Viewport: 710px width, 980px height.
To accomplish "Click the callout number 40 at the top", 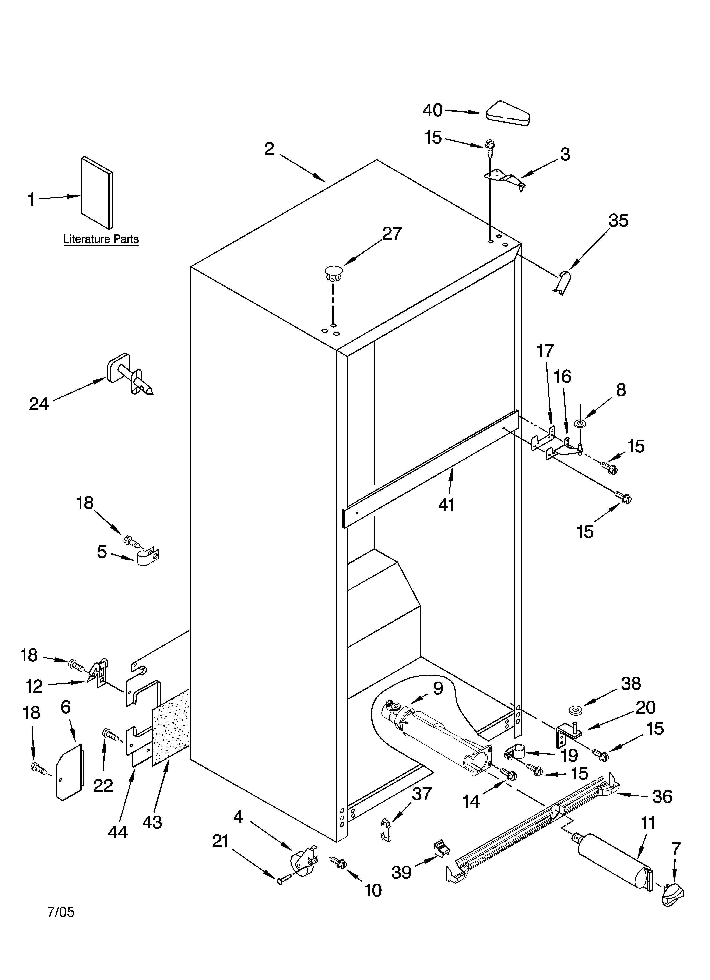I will tap(432, 111).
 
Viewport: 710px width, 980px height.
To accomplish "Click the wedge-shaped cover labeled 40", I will tap(508, 114).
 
